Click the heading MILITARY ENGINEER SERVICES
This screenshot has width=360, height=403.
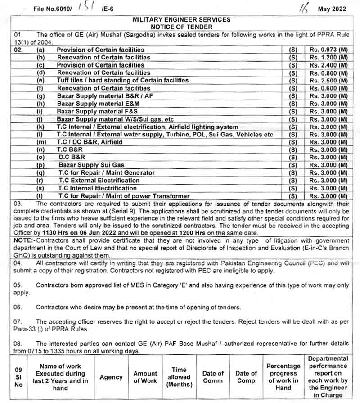181,19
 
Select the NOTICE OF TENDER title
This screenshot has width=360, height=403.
181,27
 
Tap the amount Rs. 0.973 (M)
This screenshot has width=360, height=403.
328,50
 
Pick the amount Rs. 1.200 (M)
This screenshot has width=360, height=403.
328,57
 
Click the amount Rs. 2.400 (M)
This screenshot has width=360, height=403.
328,65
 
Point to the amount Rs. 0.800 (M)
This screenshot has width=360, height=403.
328,73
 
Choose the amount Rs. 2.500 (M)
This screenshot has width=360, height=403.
328,81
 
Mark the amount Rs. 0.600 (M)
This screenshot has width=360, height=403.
328,88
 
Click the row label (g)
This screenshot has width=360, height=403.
40,96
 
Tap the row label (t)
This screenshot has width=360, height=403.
40,196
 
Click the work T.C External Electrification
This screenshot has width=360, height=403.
99,180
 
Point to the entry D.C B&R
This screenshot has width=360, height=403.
72,157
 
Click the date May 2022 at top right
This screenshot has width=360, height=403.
332,9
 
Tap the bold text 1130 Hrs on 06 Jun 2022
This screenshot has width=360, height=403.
80,233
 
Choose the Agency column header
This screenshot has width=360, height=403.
111,377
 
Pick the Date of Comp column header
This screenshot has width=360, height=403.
246,377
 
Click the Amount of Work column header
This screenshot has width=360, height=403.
145,377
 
